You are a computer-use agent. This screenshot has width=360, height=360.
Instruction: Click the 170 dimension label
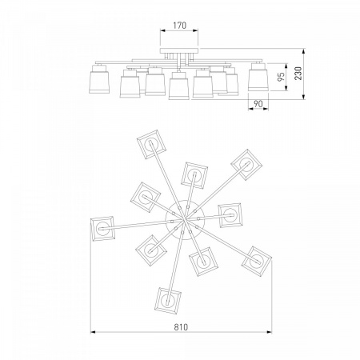tap(179, 26)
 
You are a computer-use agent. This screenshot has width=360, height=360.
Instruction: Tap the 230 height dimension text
tap(299, 74)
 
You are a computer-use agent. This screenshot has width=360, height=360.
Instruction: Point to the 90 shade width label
tap(258, 104)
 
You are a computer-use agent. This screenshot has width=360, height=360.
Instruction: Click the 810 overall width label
tap(181, 327)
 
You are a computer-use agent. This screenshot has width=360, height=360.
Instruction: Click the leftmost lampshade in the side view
tap(99, 79)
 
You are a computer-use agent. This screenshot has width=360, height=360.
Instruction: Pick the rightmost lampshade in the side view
tap(258, 78)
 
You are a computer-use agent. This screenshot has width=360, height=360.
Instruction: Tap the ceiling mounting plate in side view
tap(179, 51)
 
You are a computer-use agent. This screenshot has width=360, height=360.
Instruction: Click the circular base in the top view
tap(185, 219)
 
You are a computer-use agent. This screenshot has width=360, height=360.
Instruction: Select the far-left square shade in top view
tap(102, 229)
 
